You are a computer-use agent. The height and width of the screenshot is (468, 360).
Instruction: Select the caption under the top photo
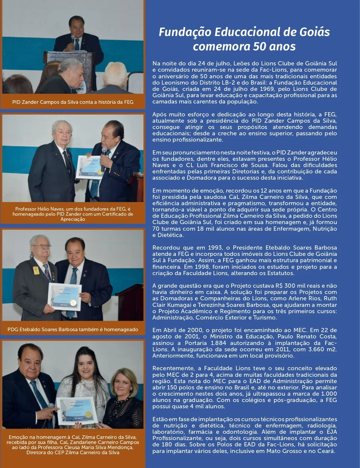point(73,102)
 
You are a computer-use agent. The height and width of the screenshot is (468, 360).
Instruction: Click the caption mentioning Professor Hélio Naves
point(73,214)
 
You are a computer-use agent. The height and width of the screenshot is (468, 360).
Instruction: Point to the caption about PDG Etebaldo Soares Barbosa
point(73,329)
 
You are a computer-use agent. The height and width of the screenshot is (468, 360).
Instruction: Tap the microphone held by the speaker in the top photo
point(73,39)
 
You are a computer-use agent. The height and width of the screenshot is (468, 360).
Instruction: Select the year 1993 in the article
point(215,248)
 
